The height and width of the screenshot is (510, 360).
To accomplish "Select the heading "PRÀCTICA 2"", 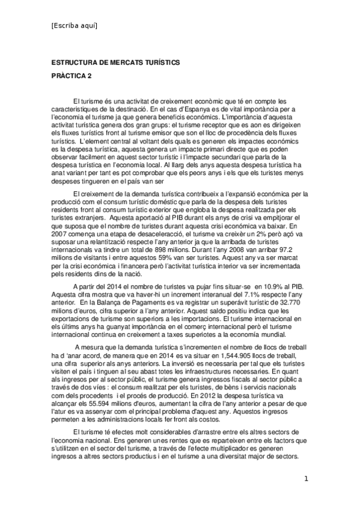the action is coord(72,76).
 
